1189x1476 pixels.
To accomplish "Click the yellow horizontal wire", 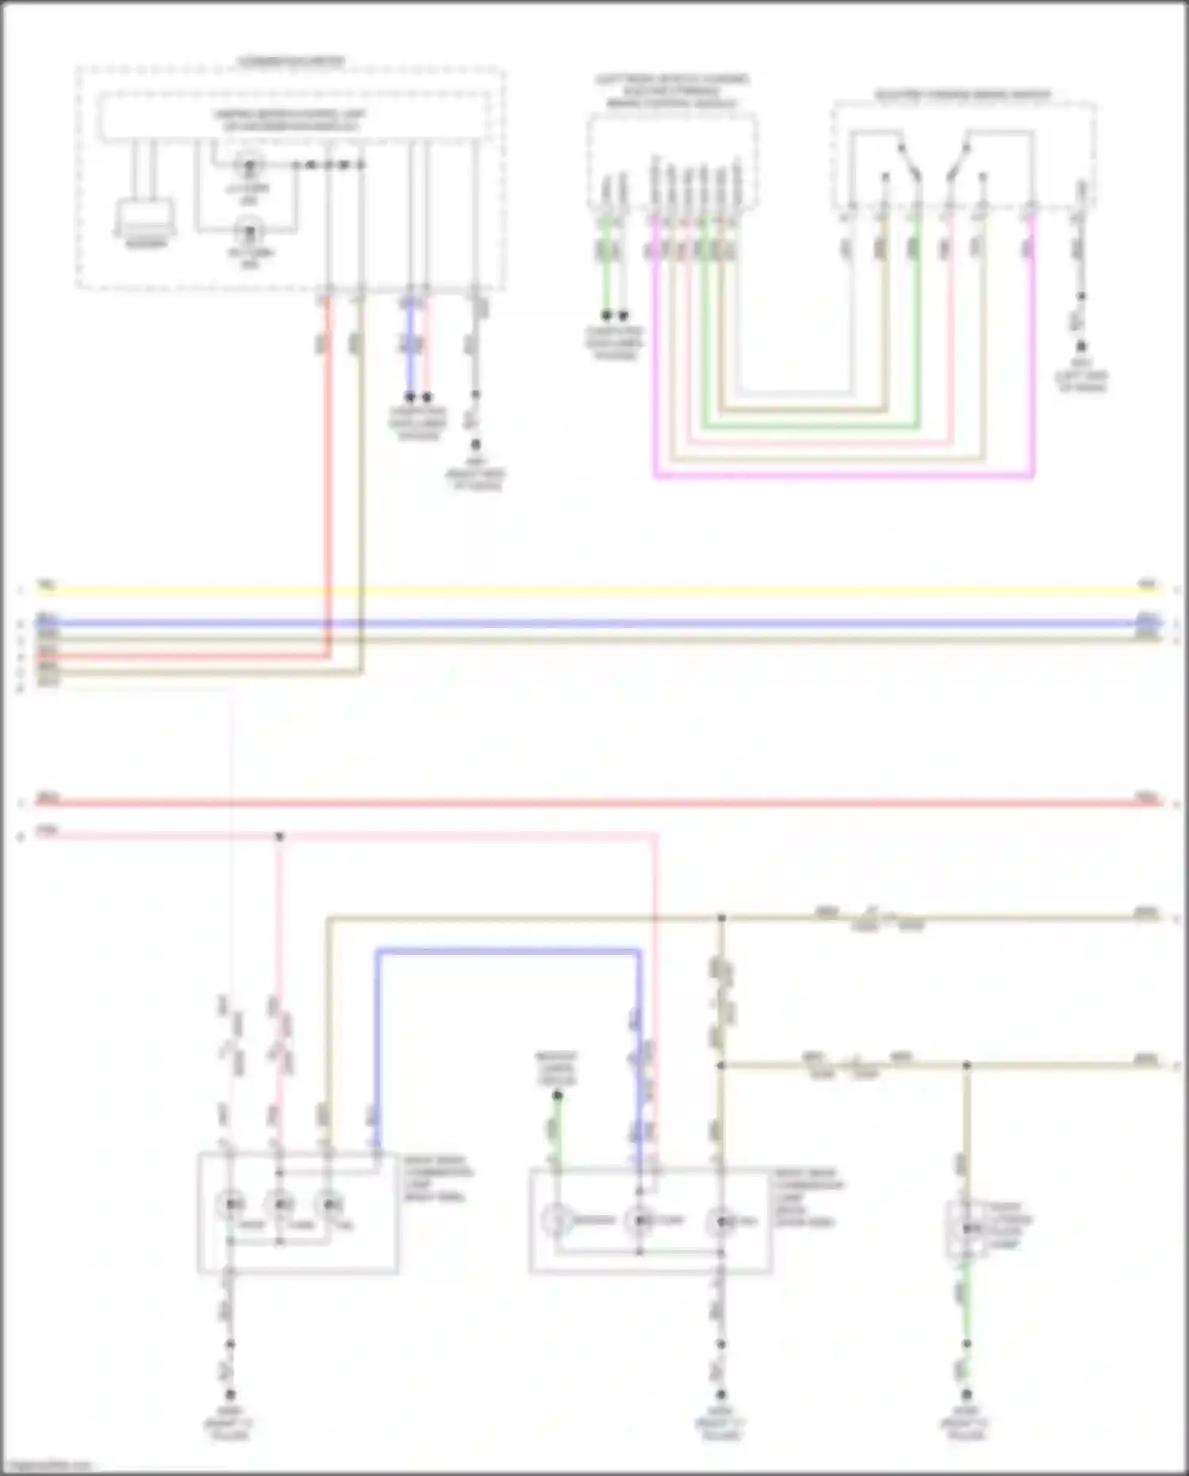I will click(594, 590).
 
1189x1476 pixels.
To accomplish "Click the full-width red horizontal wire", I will click(594, 803).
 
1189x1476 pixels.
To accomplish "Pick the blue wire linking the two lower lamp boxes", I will click(507, 950).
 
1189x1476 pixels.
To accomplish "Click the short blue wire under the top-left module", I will click(410, 349).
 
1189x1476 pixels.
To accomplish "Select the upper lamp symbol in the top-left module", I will click(250, 166).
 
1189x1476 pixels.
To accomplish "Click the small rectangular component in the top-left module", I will click(146, 216).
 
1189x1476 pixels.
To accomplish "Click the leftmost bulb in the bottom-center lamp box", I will click(557, 1221).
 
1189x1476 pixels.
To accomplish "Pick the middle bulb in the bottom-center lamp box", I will click(639, 1221).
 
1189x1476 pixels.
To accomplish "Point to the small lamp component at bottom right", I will click(966, 1229).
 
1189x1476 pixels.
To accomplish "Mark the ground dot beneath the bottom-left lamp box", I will click(231, 1394).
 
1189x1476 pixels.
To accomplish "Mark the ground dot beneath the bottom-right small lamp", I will click(966, 1394).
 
